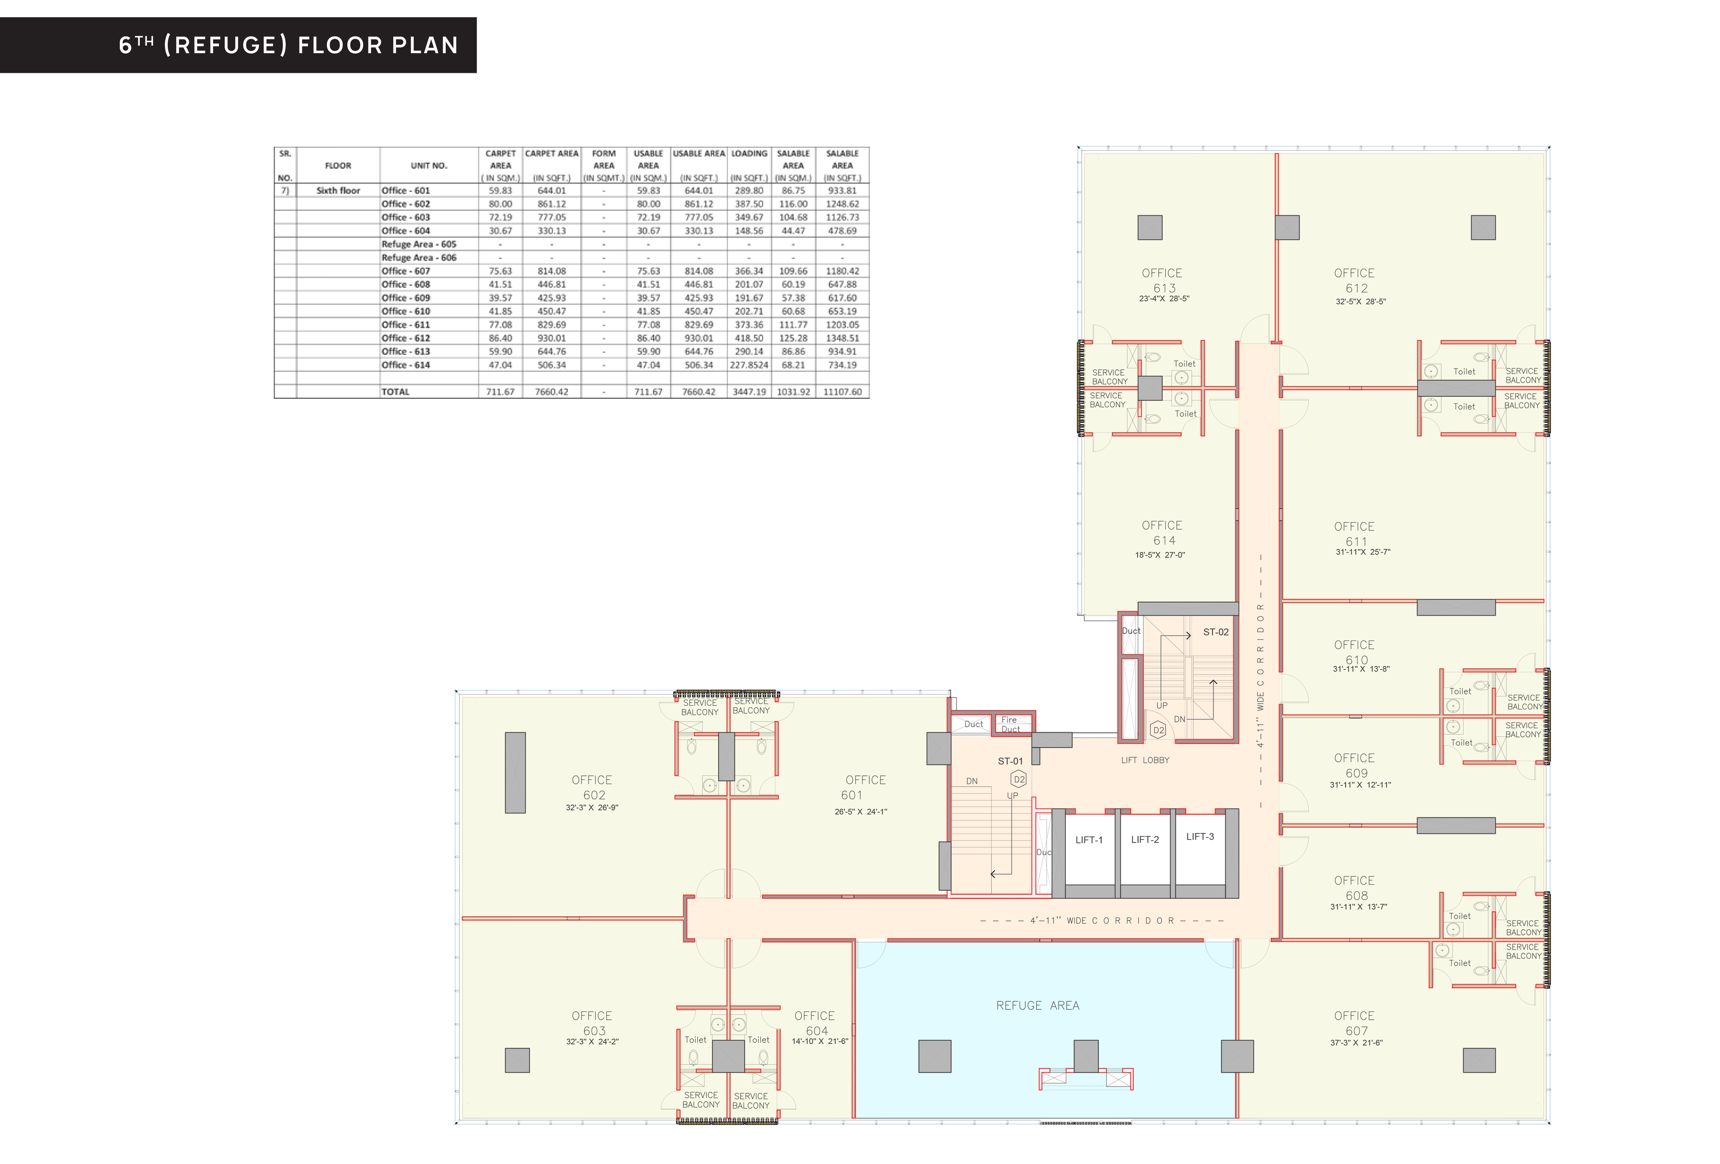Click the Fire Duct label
pos(1010,724)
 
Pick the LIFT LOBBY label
pos(1145,760)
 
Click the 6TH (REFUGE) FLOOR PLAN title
pos(289,45)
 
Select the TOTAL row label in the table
pos(395,391)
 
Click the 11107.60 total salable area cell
pos(842,391)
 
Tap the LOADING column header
pos(749,153)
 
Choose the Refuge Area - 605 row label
pos(419,244)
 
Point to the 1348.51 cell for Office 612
pos(842,338)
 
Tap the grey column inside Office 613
pos(1150,227)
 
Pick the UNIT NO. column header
pos(429,166)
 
